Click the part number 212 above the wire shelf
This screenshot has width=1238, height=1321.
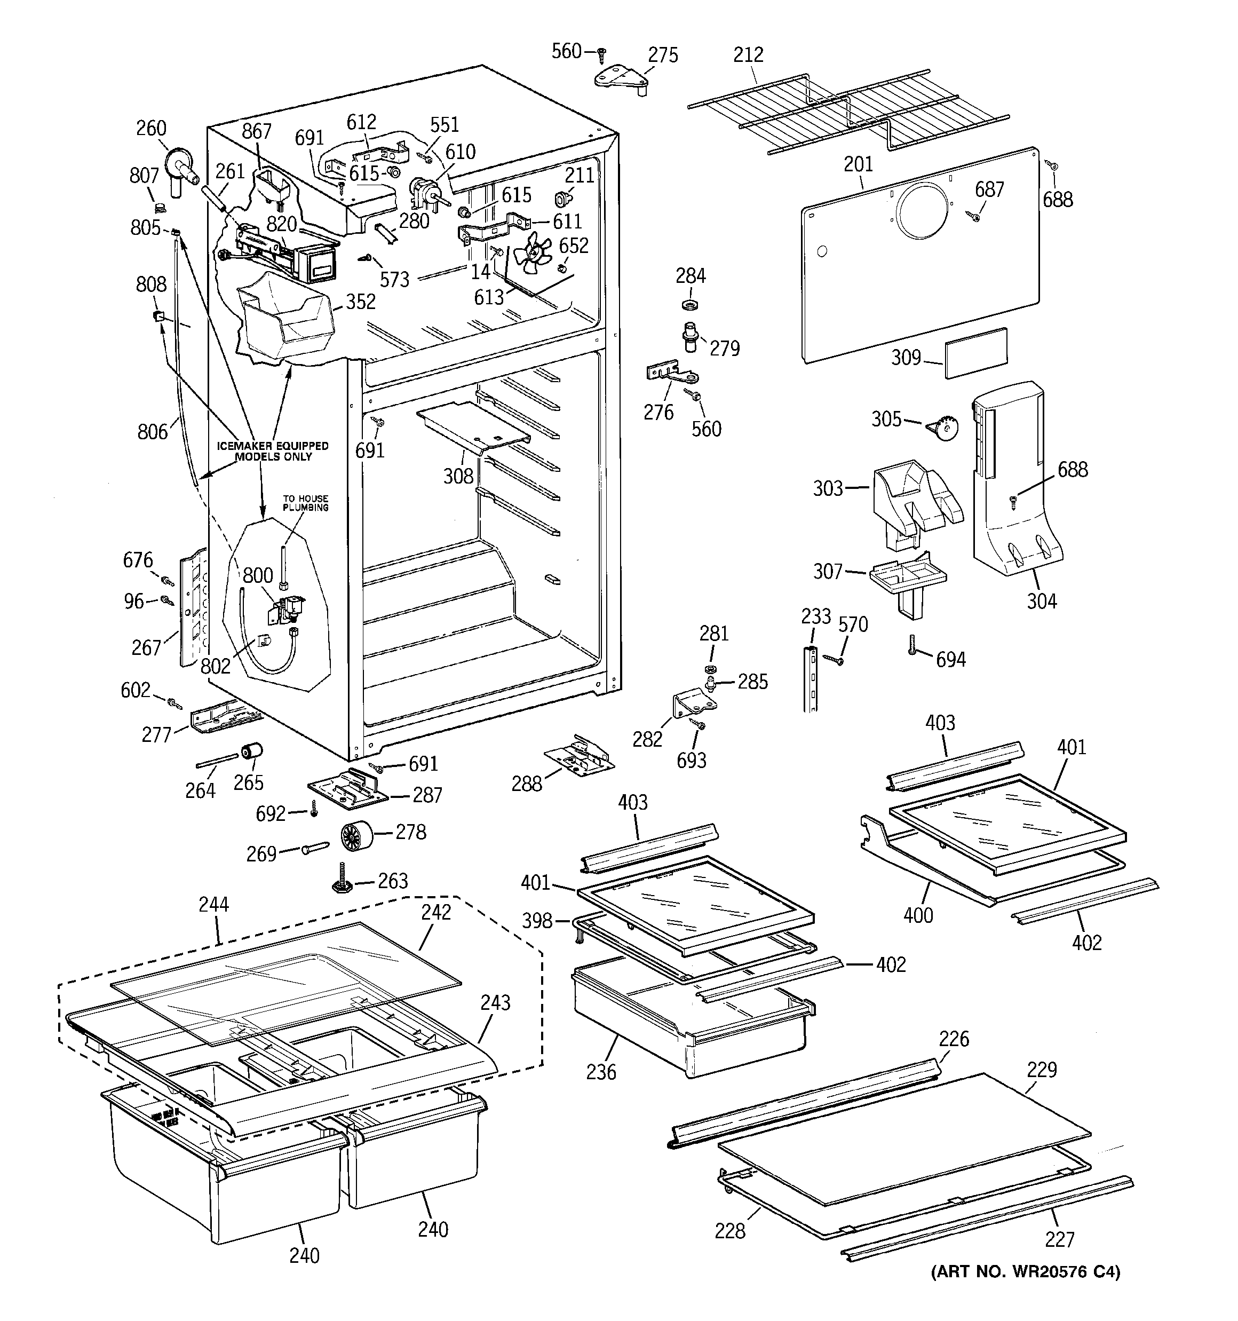pyautogui.click(x=748, y=54)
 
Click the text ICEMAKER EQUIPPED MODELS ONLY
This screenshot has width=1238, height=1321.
pyautogui.click(x=273, y=451)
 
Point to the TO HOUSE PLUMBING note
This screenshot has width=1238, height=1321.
pyautogui.click(x=306, y=503)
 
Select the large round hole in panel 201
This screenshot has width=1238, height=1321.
pyautogui.click(x=923, y=211)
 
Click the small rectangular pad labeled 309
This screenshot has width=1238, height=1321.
pyautogui.click(x=976, y=352)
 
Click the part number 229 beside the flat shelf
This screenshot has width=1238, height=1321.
pyautogui.click(x=1041, y=1070)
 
